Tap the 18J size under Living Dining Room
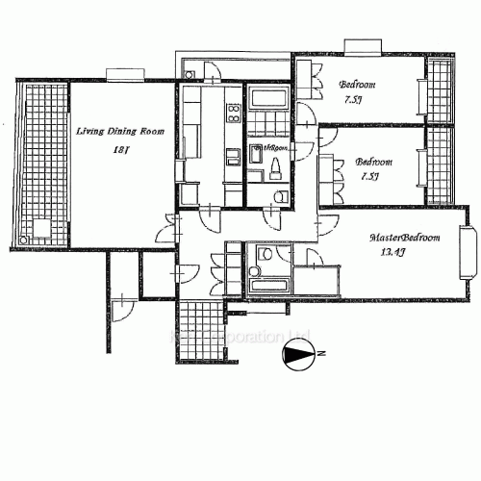click(120, 150)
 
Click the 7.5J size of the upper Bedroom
click(355, 99)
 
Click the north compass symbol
click(300, 358)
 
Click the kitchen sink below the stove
click(232, 156)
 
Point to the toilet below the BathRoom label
click(274, 170)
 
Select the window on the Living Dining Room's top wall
click(125, 74)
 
